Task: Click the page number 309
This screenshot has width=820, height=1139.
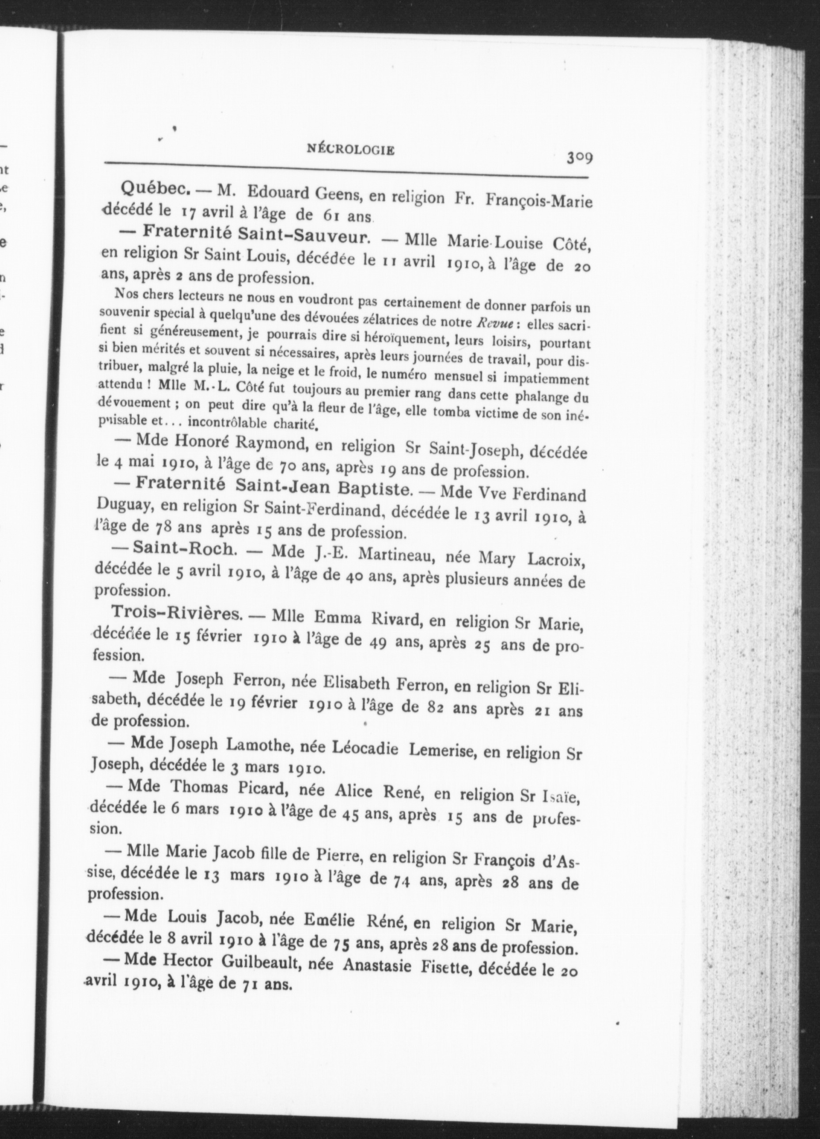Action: tap(580, 158)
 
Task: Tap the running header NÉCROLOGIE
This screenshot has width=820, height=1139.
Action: tap(350, 149)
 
